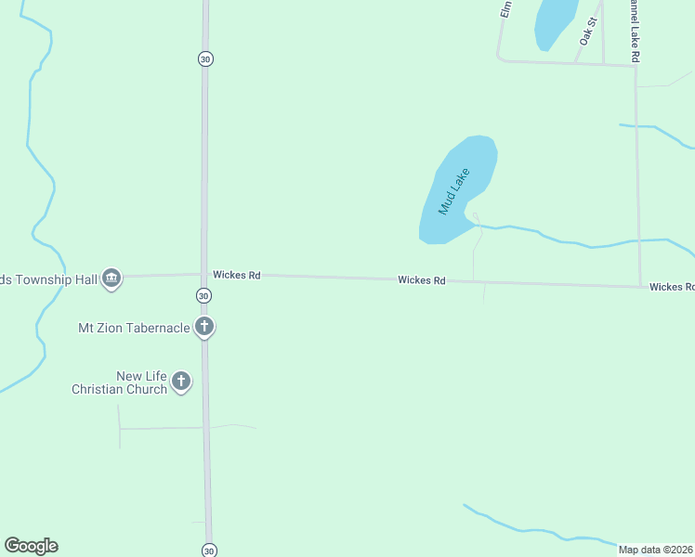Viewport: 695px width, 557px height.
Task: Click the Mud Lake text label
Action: (455, 191)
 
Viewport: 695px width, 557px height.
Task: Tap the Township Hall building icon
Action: (111, 277)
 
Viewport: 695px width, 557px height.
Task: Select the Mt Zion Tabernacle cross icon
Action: (204, 327)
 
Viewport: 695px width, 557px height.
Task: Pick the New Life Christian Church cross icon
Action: (181, 381)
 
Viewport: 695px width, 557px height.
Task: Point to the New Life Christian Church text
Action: (119, 382)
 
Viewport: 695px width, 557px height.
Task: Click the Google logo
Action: (31, 546)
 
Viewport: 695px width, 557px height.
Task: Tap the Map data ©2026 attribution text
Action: (656, 549)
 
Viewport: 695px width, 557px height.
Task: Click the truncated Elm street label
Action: (506, 9)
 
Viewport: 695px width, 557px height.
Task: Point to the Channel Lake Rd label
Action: (636, 32)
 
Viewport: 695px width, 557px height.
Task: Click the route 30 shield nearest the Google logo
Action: (208, 550)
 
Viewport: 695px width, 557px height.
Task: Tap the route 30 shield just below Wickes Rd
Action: (204, 295)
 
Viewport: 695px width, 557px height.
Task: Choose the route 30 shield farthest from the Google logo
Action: (204, 58)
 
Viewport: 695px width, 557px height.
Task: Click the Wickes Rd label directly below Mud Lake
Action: (422, 279)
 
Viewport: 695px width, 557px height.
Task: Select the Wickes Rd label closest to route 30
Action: (236, 275)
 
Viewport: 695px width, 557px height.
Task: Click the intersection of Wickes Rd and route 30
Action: (204, 274)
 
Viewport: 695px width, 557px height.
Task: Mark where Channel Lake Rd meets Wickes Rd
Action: (639, 285)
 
